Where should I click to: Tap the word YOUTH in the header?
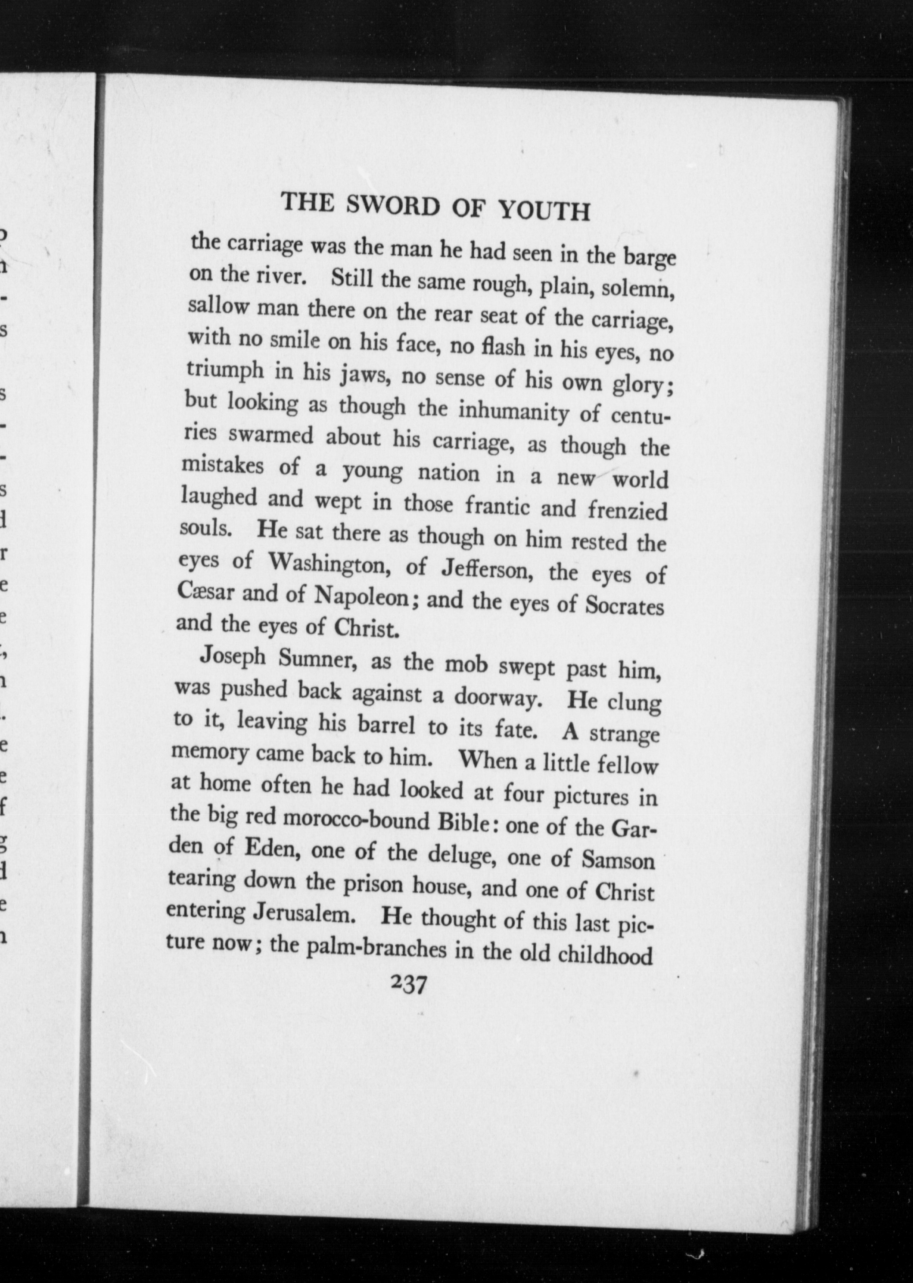point(544,211)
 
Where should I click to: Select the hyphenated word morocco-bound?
point(357,821)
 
